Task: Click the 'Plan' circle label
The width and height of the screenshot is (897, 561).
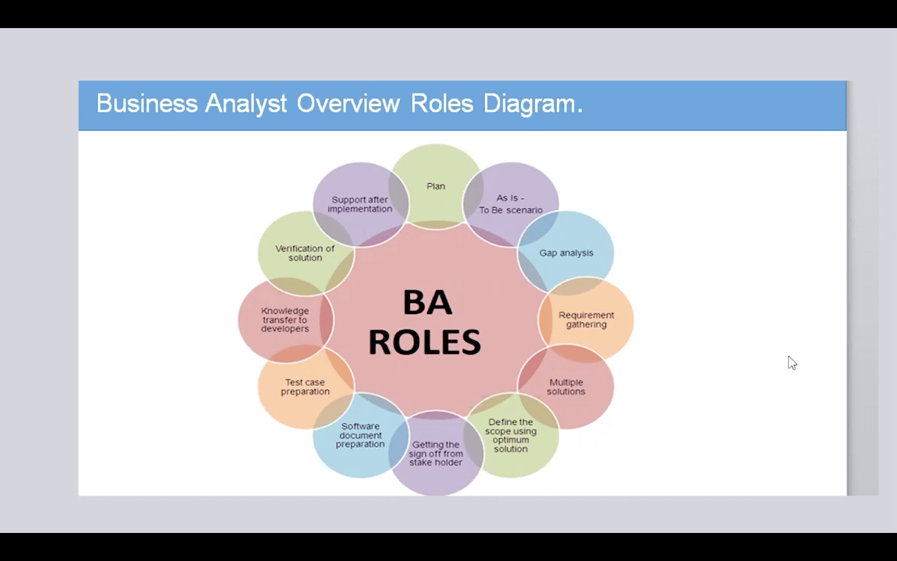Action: [x=436, y=186]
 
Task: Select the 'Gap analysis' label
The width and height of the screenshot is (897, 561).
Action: [x=566, y=253]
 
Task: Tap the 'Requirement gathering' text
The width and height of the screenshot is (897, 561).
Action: [x=586, y=320]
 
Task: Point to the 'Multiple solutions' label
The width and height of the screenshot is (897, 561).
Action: [x=566, y=387]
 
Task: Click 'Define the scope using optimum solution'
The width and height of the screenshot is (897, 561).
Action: [x=511, y=436]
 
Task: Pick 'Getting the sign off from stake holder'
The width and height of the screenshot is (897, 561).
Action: [x=436, y=454]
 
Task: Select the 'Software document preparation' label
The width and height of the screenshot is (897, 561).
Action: [x=360, y=435]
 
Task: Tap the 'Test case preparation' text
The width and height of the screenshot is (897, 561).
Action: [x=305, y=387]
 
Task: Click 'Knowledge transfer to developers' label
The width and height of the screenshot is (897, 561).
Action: [x=285, y=320]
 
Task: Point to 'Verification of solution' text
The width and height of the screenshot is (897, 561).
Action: [x=305, y=253]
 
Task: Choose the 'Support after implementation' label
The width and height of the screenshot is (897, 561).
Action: [x=360, y=204]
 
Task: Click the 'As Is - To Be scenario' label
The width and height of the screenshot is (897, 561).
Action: [x=511, y=204]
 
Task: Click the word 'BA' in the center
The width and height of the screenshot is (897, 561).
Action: [x=427, y=303]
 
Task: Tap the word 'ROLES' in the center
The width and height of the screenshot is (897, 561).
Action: [x=425, y=342]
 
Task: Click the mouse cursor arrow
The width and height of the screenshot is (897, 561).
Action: [x=792, y=362]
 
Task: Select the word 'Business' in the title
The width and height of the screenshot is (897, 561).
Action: [x=146, y=103]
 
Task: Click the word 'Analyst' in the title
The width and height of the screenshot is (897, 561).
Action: [x=246, y=103]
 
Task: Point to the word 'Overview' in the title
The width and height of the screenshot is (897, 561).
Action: [x=348, y=103]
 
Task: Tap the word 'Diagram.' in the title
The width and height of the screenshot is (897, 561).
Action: [x=533, y=103]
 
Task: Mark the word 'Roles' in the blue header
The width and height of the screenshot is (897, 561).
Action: [x=442, y=103]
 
